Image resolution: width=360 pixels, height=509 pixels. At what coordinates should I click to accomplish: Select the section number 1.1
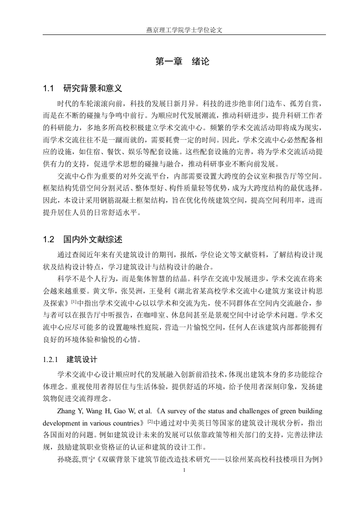pyautogui.click(x=49, y=88)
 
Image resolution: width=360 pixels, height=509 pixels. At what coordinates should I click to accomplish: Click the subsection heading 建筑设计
pyautogui.click(x=82, y=361)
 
